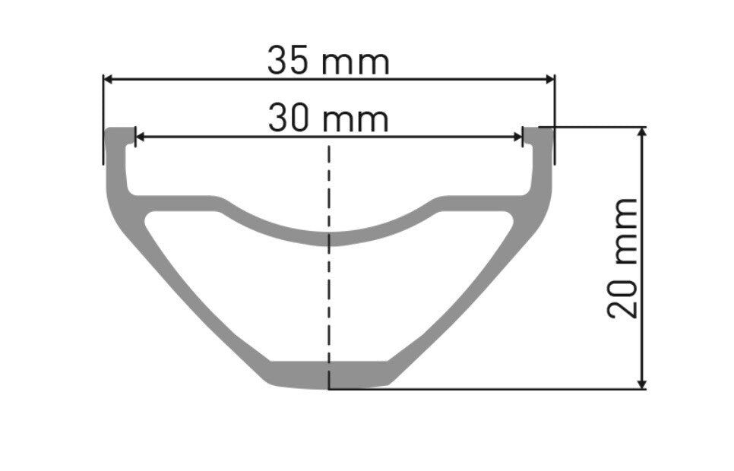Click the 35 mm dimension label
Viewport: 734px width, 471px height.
click(328, 61)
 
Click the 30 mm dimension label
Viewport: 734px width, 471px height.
click(328, 119)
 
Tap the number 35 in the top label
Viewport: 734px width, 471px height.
click(289, 61)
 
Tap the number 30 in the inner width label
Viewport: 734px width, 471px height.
click(289, 119)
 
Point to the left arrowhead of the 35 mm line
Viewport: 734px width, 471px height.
click(109, 78)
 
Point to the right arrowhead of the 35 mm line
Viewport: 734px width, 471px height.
click(550, 78)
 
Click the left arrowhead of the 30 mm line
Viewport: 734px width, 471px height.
click(140, 137)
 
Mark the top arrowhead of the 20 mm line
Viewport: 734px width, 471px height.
click(644, 132)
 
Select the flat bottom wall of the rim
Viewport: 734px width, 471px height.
click(329, 374)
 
